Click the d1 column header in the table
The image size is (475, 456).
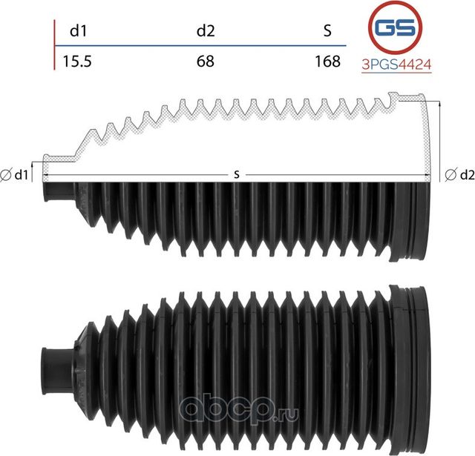78,30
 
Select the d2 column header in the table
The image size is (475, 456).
206,30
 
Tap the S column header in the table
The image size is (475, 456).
327,30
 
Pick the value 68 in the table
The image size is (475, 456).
206,61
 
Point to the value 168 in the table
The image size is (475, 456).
327,61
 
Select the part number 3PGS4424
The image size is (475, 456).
396,65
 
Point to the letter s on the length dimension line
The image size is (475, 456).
236,174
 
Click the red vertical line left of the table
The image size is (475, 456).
55,44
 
